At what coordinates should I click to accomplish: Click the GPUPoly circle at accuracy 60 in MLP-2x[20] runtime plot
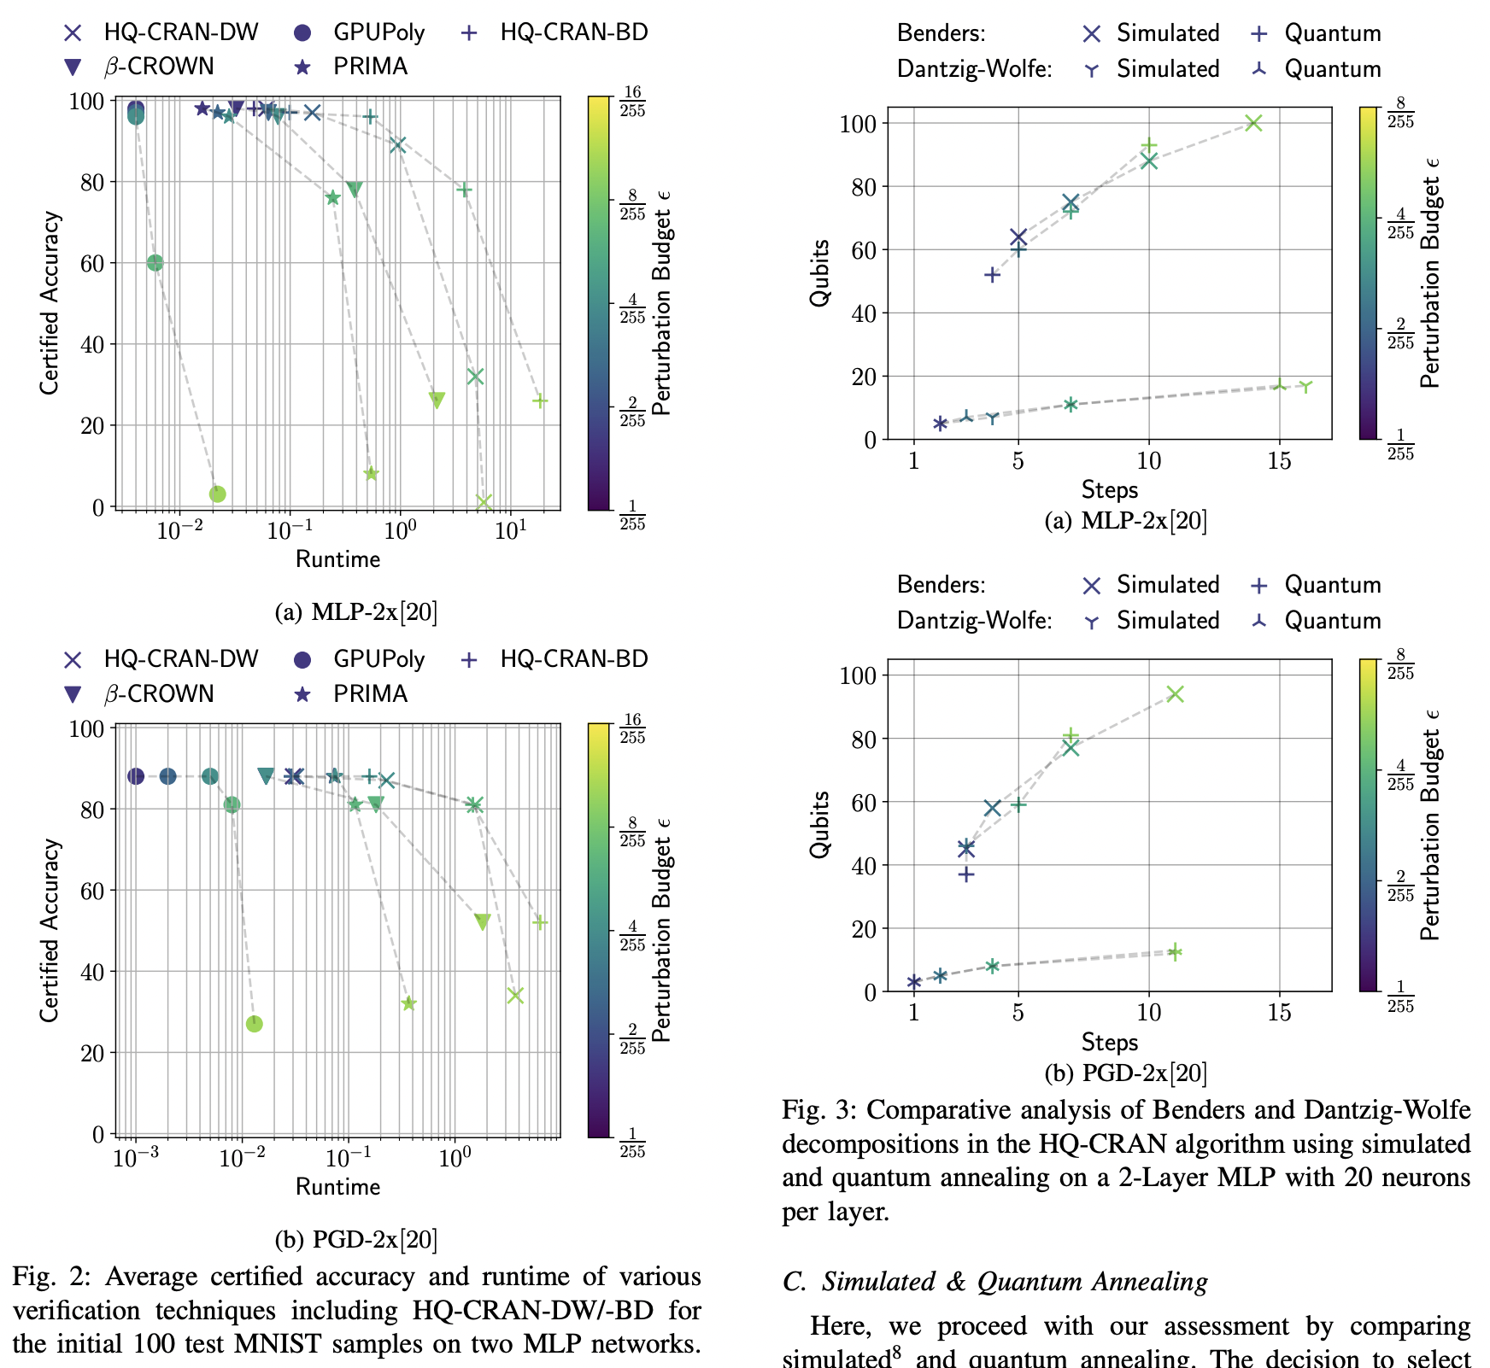click(x=155, y=263)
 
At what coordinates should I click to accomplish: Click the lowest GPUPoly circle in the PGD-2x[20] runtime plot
click(x=254, y=1024)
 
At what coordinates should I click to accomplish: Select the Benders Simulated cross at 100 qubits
click(x=1253, y=123)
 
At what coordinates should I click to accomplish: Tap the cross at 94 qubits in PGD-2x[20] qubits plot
click(x=1176, y=693)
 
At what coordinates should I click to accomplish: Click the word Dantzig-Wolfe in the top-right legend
click(x=974, y=69)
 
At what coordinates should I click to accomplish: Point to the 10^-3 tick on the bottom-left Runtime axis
click(x=135, y=1159)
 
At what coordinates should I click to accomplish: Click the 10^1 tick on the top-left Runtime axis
click(x=510, y=531)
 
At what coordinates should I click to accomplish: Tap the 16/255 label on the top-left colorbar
click(x=632, y=102)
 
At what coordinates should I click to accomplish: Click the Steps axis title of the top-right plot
click(x=1109, y=489)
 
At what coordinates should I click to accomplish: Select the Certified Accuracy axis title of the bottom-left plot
click(x=50, y=930)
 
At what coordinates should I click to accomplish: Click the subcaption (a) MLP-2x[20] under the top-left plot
click(x=356, y=612)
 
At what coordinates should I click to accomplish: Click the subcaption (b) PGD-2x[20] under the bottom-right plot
click(x=1126, y=1073)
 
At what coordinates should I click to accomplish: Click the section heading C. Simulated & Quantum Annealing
click(x=994, y=1281)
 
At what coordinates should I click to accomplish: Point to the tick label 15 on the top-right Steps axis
click(x=1279, y=462)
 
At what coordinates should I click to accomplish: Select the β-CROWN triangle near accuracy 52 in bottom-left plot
click(x=483, y=922)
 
